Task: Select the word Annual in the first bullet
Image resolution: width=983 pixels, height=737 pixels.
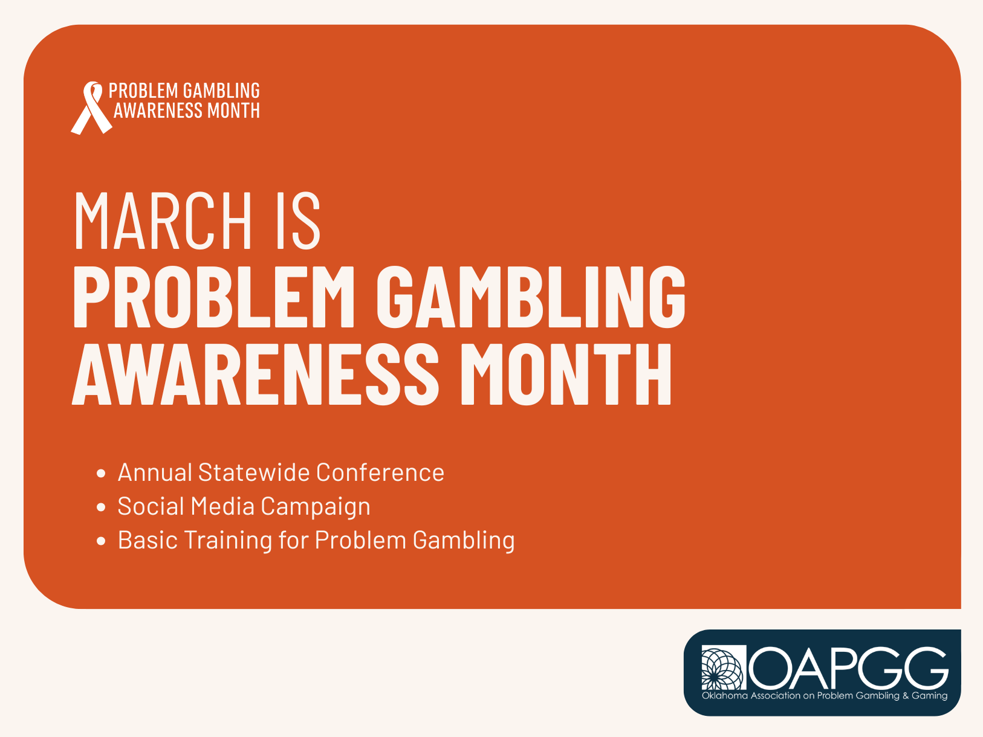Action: tap(155, 472)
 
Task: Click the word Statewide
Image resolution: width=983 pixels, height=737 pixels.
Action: tap(253, 472)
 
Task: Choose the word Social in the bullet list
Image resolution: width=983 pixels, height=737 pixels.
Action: tap(151, 506)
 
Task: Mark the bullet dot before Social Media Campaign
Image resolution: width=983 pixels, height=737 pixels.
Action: tap(101, 507)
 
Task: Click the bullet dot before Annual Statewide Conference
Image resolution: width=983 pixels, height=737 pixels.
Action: tap(101, 473)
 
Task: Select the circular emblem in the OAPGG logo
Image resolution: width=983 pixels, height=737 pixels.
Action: tap(723, 668)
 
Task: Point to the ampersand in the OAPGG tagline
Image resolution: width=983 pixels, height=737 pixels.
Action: tap(905, 696)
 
